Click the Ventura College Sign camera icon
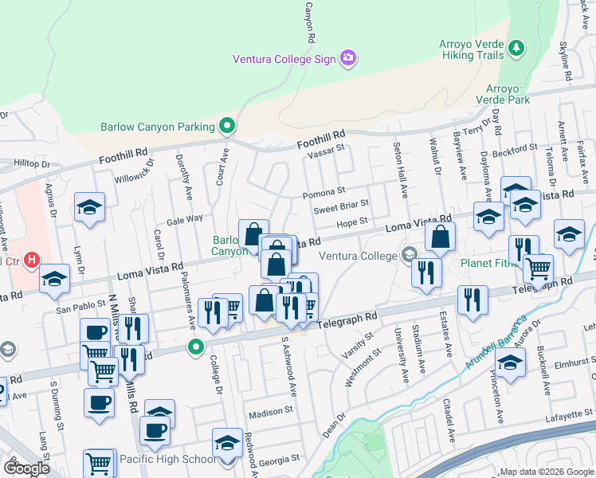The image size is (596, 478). click(x=348, y=58)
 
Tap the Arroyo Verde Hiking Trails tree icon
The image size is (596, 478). click(x=517, y=48)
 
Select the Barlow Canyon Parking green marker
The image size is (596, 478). click(x=227, y=126)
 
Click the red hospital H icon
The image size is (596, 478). click(x=32, y=260)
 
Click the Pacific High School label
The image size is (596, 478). click(x=167, y=459)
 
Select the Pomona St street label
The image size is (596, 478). click(x=323, y=192)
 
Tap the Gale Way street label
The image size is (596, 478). click(x=184, y=218)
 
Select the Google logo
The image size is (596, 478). click(x=26, y=468)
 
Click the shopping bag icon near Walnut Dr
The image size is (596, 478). click(x=440, y=237)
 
